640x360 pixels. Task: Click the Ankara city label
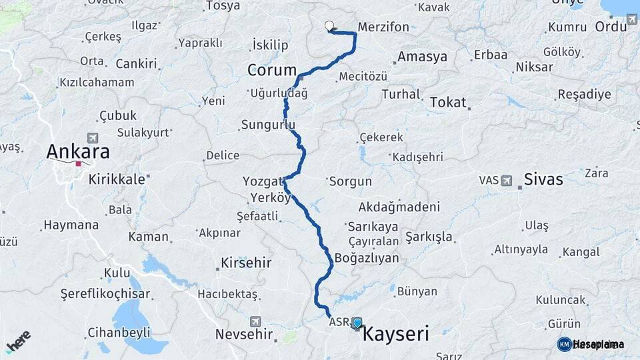[x=77, y=151]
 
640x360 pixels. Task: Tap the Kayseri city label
[x=395, y=334]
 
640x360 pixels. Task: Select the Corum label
[x=272, y=70]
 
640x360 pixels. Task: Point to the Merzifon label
[x=383, y=27]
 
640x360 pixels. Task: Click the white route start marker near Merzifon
[x=329, y=27]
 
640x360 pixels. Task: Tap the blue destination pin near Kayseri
[x=357, y=323]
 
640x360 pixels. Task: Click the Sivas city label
[x=543, y=179]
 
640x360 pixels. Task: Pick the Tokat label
[x=447, y=102]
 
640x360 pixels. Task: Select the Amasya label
[x=422, y=57]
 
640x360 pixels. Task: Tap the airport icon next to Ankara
[x=92, y=138]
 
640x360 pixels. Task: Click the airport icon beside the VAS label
[x=506, y=181]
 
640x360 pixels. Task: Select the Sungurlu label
[x=267, y=125]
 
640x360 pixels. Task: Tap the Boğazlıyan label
[x=367, y=258]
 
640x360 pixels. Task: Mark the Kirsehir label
[x=246, y=263]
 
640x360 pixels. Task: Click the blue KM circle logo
[x=565, y=344]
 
